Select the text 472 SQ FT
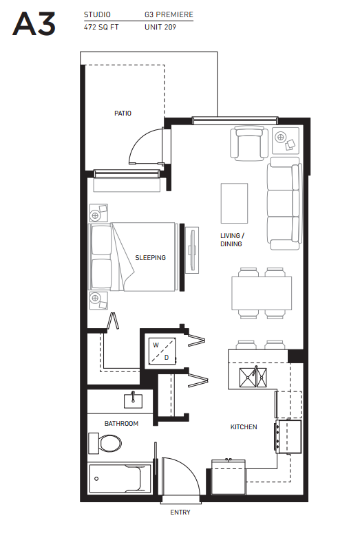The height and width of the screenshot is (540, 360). coord(101,28)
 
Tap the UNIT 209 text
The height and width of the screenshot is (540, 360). coord(160,28)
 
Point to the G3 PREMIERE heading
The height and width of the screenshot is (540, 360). coord(169,14)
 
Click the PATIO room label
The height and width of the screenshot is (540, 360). coord(123,114)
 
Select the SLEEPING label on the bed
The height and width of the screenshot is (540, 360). coord(150,258)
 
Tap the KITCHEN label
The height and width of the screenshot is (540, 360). coord(243,427)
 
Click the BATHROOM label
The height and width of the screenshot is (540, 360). coord(121,424)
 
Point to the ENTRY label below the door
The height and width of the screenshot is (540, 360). coord(180,512)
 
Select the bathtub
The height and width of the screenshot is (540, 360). coord(120,477)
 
